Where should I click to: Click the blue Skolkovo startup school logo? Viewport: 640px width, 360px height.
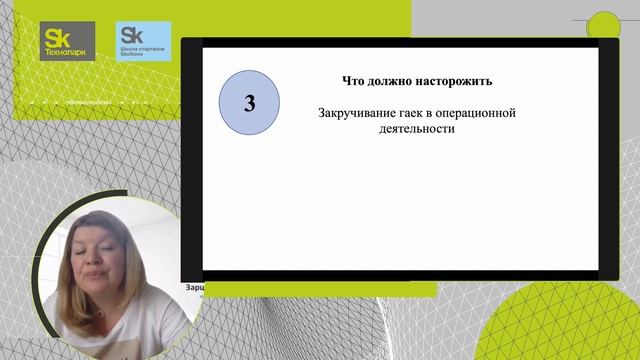pyautogui.click(x=141, y=41)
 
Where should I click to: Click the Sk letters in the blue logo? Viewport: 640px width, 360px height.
pyautogui.click(x=129, y=34)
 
